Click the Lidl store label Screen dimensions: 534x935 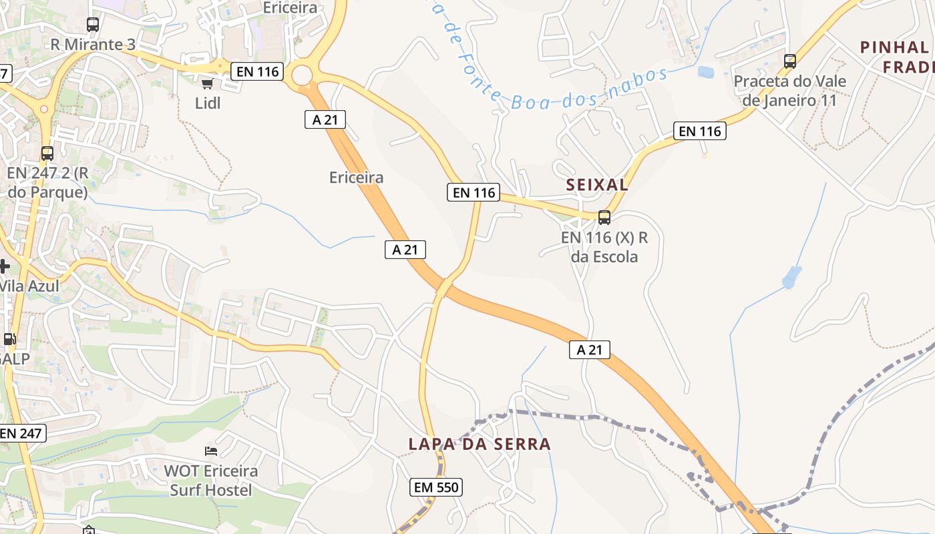(x=208, y=103)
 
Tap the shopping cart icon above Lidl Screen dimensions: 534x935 (x=207, y=83)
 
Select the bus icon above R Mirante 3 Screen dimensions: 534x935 (x=93, y=25)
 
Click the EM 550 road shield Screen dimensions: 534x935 (x=436, y=487)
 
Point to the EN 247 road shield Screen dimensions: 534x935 (x=21, y=433)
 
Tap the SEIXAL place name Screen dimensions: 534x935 (x=597, y=185)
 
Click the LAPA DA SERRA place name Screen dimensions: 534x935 (x=480, y=444)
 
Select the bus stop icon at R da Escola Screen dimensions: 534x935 (x=604, y=217)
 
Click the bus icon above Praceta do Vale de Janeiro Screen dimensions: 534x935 (x=790, y=61)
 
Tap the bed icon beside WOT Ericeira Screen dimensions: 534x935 (x=211, y=451)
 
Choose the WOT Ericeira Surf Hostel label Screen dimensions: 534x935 (x=211, y=481)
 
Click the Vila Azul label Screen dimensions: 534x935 (x=29, y=286)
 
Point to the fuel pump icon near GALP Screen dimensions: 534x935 (x=9, y=339)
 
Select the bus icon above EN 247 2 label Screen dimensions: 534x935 (x=47, y=154)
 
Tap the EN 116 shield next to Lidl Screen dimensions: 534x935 (x=257, y=71)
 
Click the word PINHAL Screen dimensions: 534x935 (x=894, y=47)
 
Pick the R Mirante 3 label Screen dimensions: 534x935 (x=93, y=45)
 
